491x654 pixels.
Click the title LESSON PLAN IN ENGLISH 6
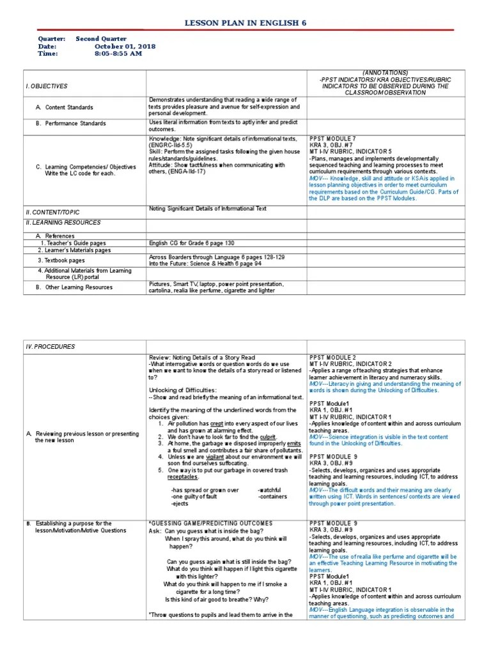(245, 23)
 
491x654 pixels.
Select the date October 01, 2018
(125, 47)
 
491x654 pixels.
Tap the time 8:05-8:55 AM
(118, 54)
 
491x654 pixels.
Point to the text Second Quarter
(101, 39)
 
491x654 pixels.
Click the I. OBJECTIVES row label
(47, 86)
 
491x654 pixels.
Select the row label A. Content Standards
(64, 107)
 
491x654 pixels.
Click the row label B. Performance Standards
(70, 123)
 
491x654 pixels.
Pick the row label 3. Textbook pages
(61, 261)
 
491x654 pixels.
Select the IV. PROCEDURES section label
(51, 347)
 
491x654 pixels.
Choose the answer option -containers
(273, 496)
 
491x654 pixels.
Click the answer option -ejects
(180, 503)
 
